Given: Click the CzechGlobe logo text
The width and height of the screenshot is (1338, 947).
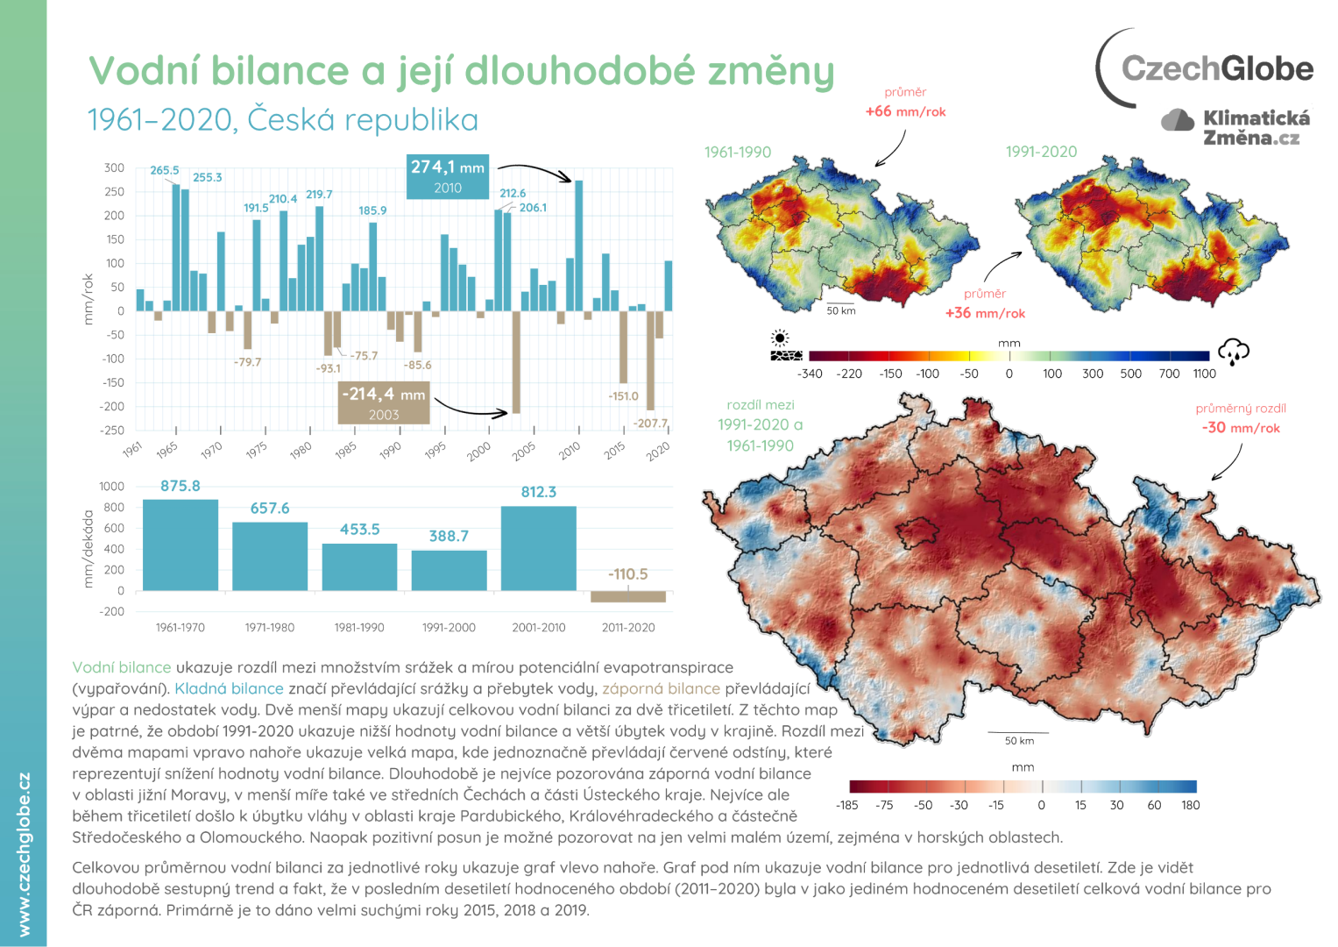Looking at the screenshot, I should pos(1216,68).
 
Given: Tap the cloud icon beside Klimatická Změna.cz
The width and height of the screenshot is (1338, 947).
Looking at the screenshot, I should pos(1178,120).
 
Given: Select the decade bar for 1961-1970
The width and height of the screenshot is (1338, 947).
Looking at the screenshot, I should pos(180,545).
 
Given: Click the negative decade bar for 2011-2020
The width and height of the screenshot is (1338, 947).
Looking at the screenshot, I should pos(628,596).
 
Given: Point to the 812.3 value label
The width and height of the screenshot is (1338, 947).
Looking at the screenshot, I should pos(538,492).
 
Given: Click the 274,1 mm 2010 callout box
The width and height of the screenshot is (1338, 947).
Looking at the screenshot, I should pos(448,175).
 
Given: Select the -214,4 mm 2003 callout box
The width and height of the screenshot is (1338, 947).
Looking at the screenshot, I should pos(384,402).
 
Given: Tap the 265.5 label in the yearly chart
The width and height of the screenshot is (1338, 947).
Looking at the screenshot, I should pos(164,170).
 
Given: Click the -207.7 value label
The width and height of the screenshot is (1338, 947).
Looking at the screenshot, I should pos(650,423).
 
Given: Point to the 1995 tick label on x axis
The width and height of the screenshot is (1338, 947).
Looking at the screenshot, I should pos(435,450).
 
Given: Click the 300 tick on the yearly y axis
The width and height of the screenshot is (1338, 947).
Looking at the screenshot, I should pos(114,167).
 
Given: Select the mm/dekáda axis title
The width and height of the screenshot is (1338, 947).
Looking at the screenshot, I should pos(88,549).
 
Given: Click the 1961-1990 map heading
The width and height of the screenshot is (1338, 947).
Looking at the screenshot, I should pos(738,152).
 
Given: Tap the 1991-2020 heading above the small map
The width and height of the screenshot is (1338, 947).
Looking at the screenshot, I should pos(1041,152).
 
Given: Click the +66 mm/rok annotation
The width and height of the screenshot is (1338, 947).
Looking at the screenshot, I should pos(905,111).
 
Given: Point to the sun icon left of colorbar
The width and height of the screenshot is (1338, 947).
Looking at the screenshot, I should pos(780,338).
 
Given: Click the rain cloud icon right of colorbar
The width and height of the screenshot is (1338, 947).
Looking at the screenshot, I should pos(1234,352).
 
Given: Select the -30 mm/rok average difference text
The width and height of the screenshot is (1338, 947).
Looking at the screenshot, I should pos(1240,428).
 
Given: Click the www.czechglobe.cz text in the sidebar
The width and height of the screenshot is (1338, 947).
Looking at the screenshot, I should pos(24,854).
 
